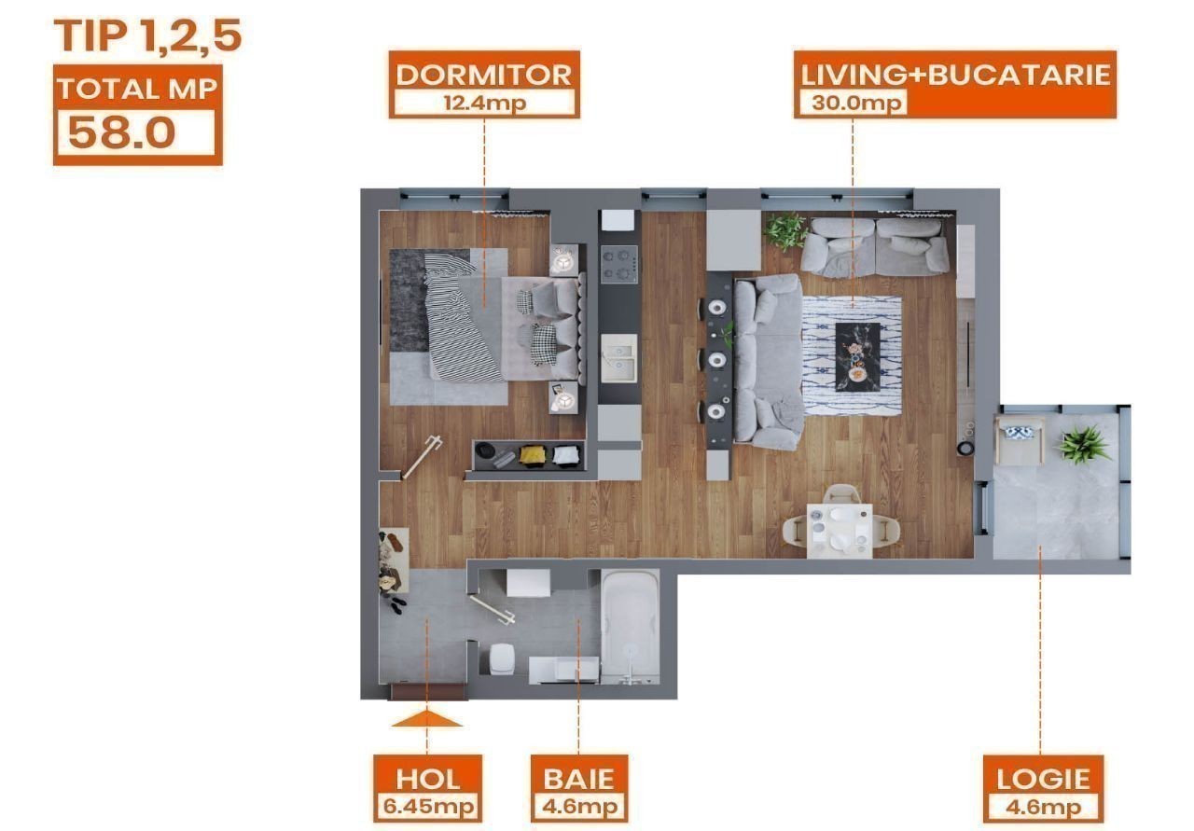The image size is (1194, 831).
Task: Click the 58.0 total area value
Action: (122, 132)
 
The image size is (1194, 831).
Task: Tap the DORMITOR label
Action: (483, 76)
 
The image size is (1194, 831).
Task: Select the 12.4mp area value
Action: (484, 103)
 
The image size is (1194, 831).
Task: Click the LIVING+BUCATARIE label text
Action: (955, 76)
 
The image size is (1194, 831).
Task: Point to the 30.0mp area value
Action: (856, 103)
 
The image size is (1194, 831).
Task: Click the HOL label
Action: (427, 780)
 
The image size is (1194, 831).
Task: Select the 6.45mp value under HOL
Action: (428, 806)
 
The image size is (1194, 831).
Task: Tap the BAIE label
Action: (579, 780)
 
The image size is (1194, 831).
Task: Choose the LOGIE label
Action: (1043, 780)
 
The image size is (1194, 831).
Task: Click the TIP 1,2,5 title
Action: (147, 36)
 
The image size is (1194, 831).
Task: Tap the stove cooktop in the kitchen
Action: (619, 264)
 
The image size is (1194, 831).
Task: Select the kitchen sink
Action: (619, 358)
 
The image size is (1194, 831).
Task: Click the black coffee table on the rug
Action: (857, 356)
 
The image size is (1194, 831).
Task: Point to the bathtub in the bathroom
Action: (631, 627)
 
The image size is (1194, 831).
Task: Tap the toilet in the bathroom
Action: (502, 658)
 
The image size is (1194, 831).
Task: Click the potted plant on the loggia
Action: (1083, 444)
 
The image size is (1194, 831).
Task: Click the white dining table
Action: (840, 531)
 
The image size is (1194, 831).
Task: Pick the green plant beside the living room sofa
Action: (785, 230)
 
